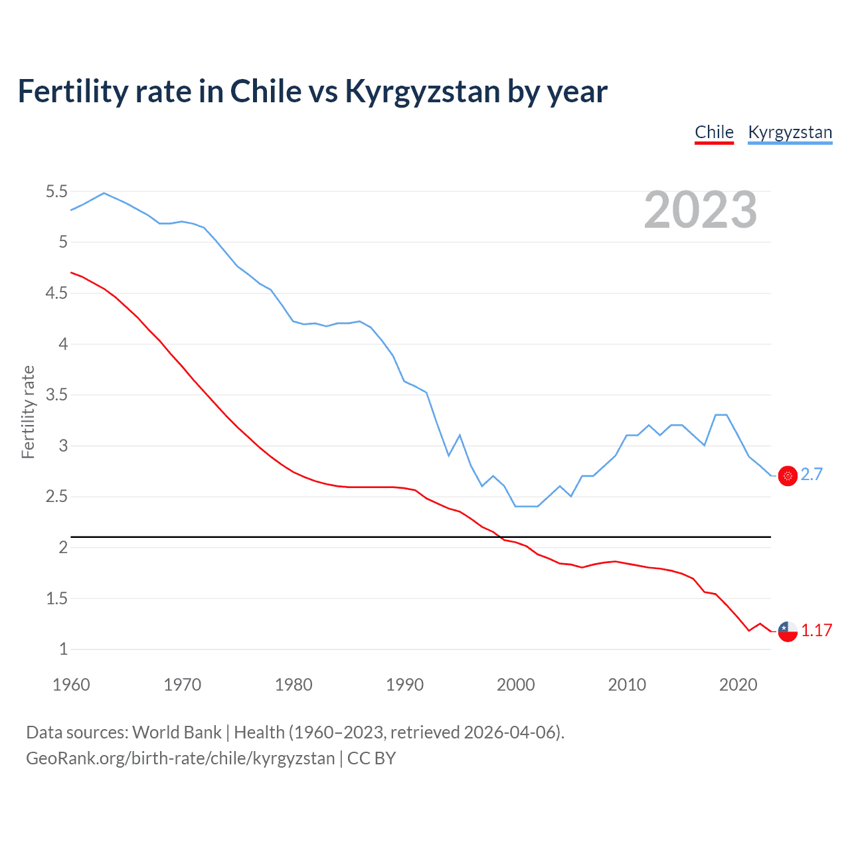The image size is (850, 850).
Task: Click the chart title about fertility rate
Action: [x=312, y=92]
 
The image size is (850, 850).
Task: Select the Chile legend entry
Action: [x=714, y=132]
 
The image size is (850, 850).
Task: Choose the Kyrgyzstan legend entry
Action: [x=790, y=132]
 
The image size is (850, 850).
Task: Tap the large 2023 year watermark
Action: [x=701, y=210]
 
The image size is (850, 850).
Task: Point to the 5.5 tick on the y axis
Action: [x=56, y=192]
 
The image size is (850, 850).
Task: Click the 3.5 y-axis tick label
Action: [x=56, y=395]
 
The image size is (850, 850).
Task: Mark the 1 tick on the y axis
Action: [x=64, y=649]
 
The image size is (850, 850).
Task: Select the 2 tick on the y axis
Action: [x=64, y=548]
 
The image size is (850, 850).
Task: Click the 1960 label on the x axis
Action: [x=71, y=685]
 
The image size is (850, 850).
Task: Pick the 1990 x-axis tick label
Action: [x=404, y=685]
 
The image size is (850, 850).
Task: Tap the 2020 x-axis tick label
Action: [x=738, y=685]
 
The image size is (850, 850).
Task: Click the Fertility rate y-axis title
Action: [x=28, y=412]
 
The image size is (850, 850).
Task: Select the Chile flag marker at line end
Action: [x=788, y=632]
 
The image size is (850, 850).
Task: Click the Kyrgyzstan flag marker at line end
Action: [x=788, y=475]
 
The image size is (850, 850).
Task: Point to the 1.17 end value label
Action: [x=816, y=631]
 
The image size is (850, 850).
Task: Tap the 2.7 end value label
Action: [x=811, y=475]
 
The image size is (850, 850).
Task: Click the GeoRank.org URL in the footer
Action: [x=180, y=758]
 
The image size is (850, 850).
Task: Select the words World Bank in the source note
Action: [x=177, y=732]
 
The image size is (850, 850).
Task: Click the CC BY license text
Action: [x=371, y=758]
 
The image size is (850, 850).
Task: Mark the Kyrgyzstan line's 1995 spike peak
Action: [x=460, y=436]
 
